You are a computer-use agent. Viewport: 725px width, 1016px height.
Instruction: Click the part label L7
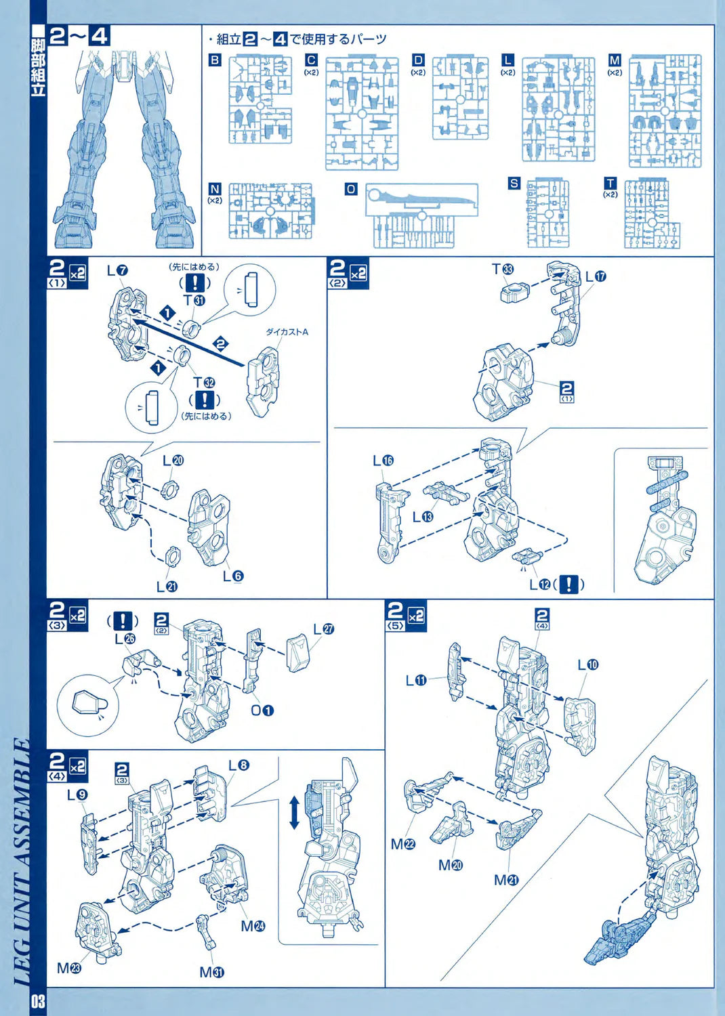[x=117, y=270]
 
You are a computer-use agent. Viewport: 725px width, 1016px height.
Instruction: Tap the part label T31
[x=194, y=300]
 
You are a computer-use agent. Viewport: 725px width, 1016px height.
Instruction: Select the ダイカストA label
[x=287, y=332]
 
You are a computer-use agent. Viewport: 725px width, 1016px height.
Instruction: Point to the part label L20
[x=173, y=461]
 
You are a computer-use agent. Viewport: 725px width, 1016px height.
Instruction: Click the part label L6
[x=232, y=576]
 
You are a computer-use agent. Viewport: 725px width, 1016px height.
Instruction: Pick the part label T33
[x=503, y=270]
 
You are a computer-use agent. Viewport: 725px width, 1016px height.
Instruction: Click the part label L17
[x=596, y=276]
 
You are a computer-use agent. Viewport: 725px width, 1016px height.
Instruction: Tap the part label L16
[x=383, y=461]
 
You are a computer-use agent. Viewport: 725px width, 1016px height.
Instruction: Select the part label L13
[x=423, y=517]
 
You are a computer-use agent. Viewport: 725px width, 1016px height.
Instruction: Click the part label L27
[x=324, y=629]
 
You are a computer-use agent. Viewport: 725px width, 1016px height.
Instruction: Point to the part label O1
[x=262, y=711]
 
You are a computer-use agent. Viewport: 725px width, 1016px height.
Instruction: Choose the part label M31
[x=211, y=973]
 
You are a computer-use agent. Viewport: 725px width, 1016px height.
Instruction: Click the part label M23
[x=69, y=968]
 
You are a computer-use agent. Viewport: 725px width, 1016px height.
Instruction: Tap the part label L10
[x=588, y=664]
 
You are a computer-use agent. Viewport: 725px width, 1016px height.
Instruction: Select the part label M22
[x=403, y=844]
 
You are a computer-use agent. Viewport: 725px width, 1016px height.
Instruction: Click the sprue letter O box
[x=350, y=190]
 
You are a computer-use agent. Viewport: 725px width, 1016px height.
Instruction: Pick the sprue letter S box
[x=514, y=184]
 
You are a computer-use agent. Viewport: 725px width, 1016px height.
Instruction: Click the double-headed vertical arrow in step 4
[x=294, y=813]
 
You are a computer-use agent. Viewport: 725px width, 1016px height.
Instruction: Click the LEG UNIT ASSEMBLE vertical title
[x=22, y=860]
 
